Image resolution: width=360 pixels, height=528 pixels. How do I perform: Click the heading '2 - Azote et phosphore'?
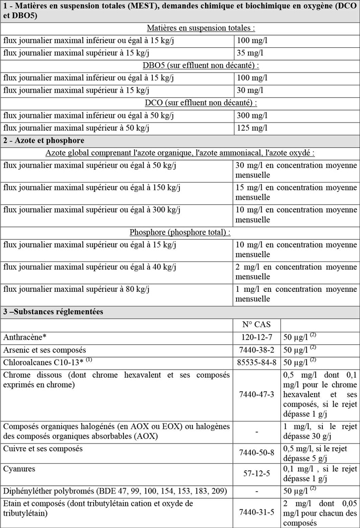coord(44,140)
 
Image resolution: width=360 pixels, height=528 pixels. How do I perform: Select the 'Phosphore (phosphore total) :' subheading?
coord(180,232)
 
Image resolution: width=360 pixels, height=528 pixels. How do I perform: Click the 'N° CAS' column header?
coord(256,325)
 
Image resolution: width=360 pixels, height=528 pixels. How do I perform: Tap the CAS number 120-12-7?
coord(256,338)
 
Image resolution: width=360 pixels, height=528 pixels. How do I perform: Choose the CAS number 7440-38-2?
coord(256,350)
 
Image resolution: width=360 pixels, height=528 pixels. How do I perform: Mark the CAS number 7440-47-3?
coord(256,395)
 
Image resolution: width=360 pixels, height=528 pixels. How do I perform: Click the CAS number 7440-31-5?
coord(256,513)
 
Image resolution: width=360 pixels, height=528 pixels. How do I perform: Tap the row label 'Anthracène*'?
coord(25,338)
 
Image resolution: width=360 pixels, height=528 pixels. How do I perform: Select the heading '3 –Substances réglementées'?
coord(53,312)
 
